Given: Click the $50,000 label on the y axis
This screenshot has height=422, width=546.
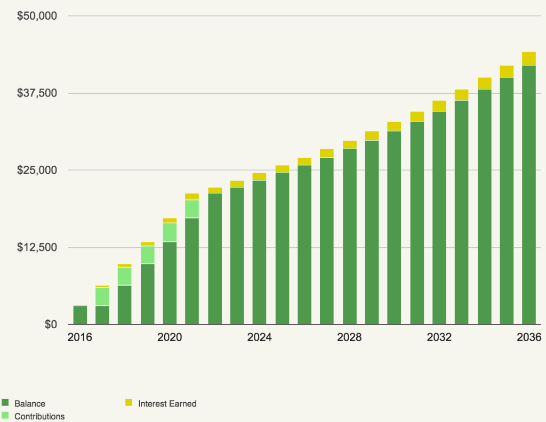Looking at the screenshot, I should point(37,16).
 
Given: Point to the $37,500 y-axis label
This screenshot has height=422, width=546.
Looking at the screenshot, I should point(37,93).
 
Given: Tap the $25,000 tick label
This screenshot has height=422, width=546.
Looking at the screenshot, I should point(37,171).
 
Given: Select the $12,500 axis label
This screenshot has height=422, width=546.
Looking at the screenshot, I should point(37,247).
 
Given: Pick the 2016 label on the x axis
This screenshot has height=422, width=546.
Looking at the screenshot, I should point(80,338).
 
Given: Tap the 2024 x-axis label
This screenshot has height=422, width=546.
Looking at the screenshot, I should point(260,338).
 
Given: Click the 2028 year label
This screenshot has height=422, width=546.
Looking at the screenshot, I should point(349,338).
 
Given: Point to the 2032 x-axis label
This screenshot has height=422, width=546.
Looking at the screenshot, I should point(439,338).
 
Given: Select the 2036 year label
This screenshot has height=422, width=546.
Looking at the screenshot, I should point(529,338).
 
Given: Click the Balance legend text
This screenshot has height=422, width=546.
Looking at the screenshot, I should point(30,404).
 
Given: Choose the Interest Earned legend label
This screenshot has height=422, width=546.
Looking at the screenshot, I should point(167,404).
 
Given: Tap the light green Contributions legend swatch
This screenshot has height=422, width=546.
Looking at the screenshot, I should point(5,416).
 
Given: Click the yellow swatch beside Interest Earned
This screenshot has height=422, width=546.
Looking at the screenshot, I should point(129,403).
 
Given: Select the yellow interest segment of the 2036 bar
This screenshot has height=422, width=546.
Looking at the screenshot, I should point(529,58).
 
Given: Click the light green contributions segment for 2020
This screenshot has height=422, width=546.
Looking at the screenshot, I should point(170,232).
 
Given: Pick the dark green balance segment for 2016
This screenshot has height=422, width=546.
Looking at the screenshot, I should point(80,315).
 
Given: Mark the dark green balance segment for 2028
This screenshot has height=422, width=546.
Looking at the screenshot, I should point(349,237).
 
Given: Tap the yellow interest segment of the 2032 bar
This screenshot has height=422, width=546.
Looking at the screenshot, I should point(439,106).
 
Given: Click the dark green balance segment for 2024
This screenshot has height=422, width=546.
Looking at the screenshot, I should point(260,253).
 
